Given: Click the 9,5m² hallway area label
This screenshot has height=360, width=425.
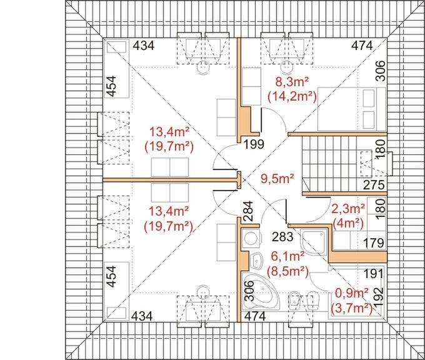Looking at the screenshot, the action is (x=277, y=179).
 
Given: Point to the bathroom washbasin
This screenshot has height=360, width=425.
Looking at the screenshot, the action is (x=256, y=260).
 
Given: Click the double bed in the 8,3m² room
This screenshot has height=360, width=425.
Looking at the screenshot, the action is (x=351, y=109).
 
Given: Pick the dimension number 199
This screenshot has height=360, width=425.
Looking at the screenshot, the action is (x=254, y=144).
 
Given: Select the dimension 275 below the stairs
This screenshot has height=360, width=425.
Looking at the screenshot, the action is (x=374, y=185).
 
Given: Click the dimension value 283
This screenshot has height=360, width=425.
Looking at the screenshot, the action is (x=282, y=237).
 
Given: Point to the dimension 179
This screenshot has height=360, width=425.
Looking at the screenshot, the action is (x=374, y=243).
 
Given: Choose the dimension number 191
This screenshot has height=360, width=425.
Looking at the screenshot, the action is (x=374, y=274).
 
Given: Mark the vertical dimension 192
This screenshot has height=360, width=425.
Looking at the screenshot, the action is (x=379, y=297).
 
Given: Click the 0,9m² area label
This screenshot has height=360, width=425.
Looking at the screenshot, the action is (x=352, y=293).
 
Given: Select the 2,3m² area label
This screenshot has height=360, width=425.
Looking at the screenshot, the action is (x=348, y=209).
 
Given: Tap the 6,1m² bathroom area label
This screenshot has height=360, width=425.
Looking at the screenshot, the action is (x=288, y=256).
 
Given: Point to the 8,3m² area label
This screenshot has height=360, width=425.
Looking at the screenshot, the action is (x=292, y=82).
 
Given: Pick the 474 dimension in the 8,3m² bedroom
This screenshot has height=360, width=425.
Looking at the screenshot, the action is (x=362, y=46).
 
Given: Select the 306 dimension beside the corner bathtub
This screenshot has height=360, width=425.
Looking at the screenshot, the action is (x=249, y=291).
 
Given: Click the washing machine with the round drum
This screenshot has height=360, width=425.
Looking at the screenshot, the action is (x=251, y=239).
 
